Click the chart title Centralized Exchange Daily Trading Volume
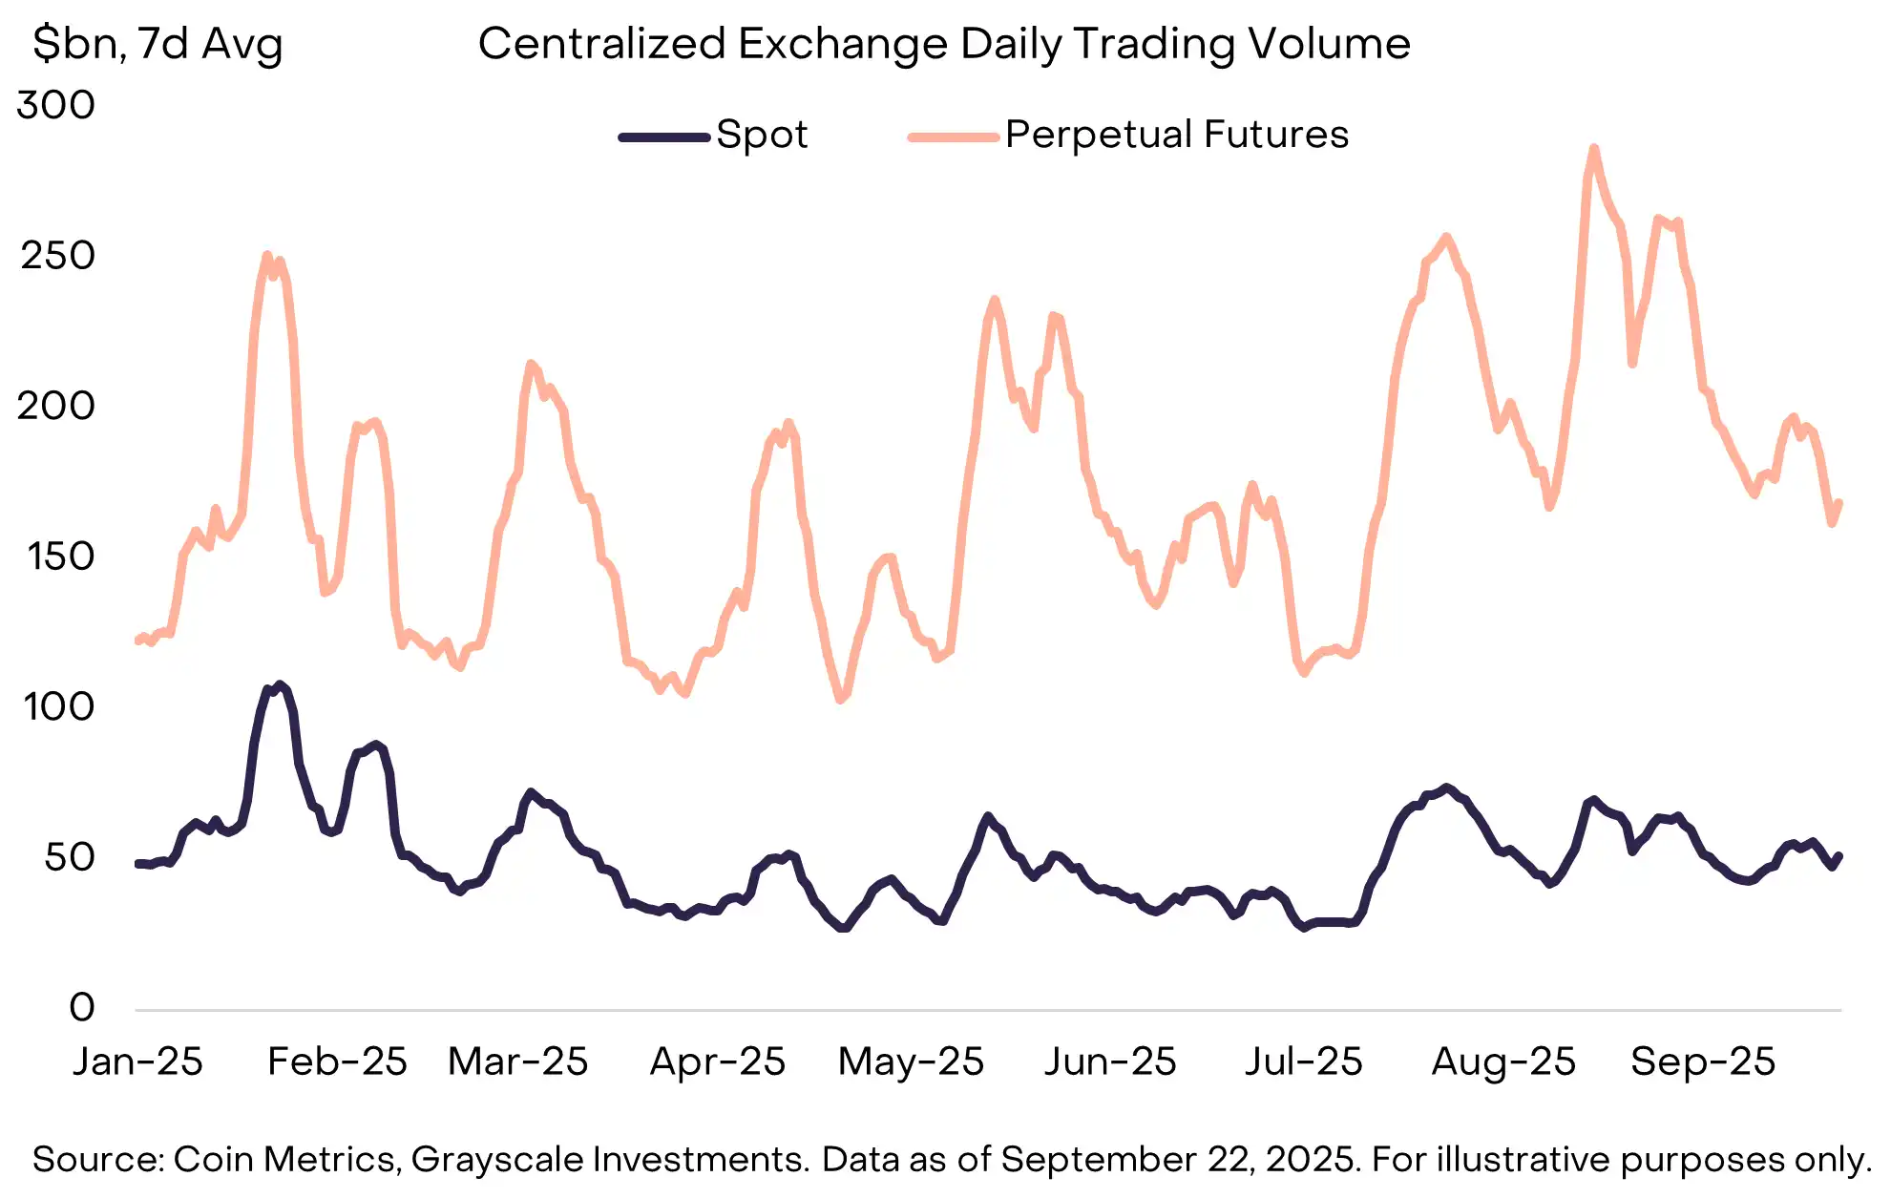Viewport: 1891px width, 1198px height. pos(944,44)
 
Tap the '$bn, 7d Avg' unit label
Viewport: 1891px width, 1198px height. pos(158,44)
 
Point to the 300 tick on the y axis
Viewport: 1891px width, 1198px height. pos(56,105)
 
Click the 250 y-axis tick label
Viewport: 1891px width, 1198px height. pos(57,256)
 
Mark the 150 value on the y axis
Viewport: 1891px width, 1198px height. pos(60,557)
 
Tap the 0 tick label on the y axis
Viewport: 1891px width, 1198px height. pos(82,1007)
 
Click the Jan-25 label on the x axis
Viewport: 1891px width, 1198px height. pos(137,1061)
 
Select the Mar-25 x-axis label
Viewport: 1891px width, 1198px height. pos(517,1061)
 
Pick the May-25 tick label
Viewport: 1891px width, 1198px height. pos(911,1061)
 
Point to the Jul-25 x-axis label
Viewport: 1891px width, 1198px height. pos(1303,1061)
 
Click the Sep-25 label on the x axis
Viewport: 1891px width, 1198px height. pos(1702,1061)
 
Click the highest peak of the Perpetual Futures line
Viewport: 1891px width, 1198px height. pos(1593,149)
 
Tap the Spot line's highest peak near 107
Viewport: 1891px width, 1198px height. pos(279,684)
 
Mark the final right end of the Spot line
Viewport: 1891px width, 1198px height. pos(1839,856)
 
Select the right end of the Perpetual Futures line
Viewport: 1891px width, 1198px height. pos(1839,503)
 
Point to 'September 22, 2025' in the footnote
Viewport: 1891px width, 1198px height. pos(1179,1160)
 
